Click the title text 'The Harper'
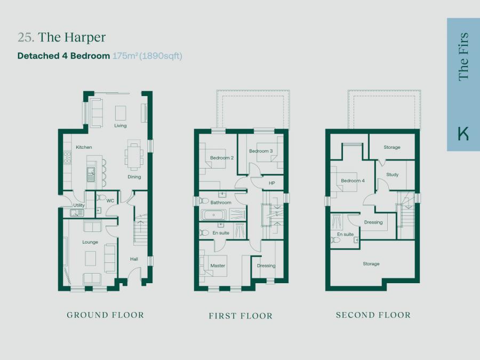71,37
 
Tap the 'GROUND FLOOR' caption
105,315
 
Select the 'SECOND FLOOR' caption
373,315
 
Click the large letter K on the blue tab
463,133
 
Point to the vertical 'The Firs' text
463,57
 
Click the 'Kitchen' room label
84,147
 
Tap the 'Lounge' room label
90,242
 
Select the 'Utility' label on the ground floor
79,205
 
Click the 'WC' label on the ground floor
110,201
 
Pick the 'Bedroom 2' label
221,158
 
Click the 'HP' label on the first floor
271,183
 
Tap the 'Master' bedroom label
218,266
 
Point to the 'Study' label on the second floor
392,174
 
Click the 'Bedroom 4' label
353,181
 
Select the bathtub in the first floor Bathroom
214,216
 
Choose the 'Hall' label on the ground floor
134,259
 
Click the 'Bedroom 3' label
261,151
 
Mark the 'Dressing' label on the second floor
373,222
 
